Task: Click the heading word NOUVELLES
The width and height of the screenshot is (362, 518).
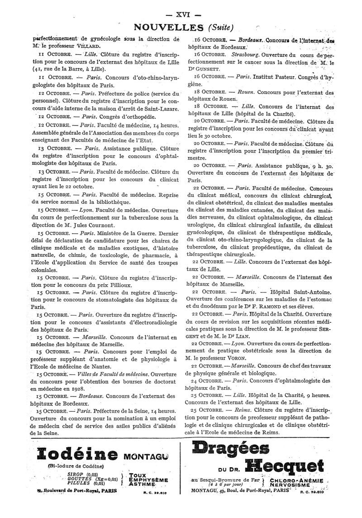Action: click(164, 28)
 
